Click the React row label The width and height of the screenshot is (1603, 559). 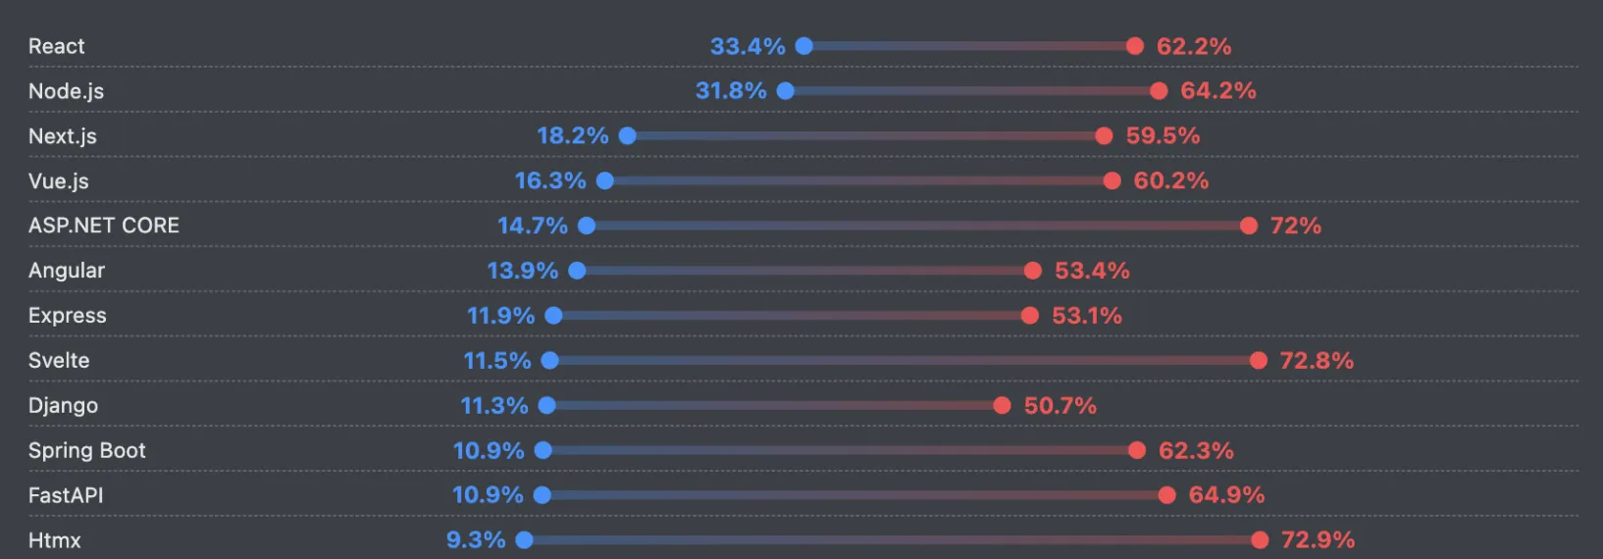56,46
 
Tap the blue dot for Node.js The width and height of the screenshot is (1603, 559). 785,91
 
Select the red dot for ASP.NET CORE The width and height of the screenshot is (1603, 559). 1248,226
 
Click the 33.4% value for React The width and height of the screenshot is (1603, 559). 747,46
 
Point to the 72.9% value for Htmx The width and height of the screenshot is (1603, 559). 1318,540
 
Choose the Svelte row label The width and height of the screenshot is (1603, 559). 59,361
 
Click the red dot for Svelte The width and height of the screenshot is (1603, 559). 1258,361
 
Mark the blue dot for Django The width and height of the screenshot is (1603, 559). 546,405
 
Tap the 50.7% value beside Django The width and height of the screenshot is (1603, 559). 1060,405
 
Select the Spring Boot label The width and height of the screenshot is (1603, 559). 86,450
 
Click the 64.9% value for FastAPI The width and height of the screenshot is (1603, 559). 1226,495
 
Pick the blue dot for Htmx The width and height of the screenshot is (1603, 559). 524,540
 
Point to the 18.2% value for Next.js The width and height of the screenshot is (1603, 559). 572,135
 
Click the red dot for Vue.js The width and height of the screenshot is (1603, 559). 1112,180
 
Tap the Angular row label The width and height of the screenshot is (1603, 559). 66,271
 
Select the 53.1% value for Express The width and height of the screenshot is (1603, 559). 1086,316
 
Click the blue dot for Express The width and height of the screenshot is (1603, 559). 553,316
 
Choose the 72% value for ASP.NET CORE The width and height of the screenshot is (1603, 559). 1295,226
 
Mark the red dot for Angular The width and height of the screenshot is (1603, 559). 1032,271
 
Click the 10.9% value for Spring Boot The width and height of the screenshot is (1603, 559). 488,450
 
